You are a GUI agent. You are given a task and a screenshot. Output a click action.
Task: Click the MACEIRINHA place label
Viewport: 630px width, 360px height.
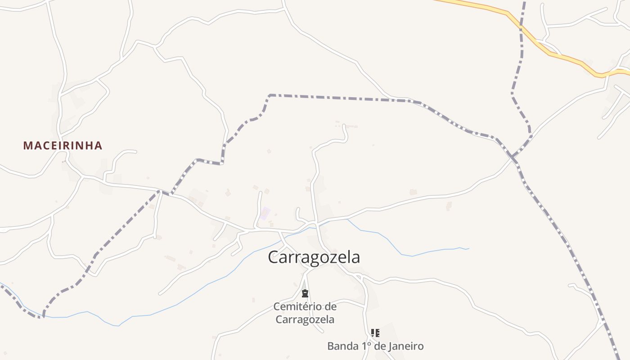(x=63, y=146)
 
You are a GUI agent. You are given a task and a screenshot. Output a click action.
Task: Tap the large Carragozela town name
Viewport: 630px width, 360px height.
(x=314, y=257)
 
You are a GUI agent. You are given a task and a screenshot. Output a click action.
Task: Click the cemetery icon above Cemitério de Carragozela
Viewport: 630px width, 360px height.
(x=305, y=294)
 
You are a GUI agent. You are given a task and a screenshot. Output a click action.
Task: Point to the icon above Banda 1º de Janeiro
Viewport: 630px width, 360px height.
(x=375, y=333)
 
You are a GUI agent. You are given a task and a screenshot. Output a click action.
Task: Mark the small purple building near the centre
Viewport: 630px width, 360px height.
(x=265, y=213)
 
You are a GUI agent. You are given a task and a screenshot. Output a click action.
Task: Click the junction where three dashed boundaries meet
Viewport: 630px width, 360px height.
(x=513, y=157)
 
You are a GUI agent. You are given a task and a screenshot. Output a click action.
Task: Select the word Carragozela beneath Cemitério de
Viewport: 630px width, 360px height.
(x=305, y=319)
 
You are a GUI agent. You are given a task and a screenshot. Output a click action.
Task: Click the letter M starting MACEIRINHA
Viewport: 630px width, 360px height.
(x=27, y=146)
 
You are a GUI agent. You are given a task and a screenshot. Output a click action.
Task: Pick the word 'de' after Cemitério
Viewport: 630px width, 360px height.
(x=330, y=307)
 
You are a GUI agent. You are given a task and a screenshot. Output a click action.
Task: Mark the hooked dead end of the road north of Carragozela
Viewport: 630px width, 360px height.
(x=345, y=126)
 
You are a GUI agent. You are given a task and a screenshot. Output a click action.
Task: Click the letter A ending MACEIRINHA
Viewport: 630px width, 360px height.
(x=99, y=146)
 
